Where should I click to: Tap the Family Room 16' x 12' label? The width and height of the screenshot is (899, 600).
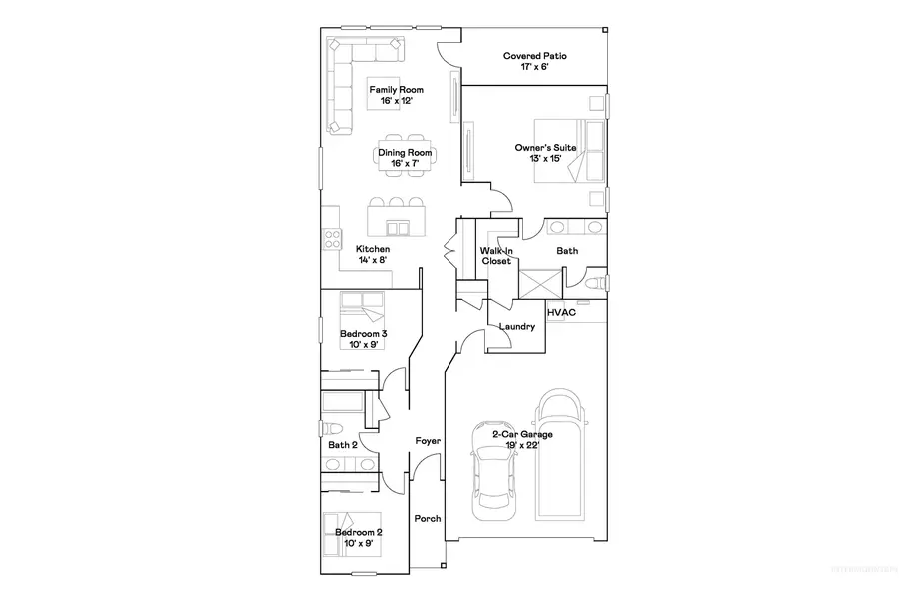[x=390, y=96]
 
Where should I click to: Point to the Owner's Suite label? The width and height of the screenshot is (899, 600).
[x=545, y=153]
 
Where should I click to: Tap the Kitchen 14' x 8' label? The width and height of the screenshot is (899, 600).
[x=373, y=254]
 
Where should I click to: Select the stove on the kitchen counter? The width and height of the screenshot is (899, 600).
[x=331, y=238]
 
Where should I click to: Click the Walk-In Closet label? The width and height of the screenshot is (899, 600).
[x=496, y=256]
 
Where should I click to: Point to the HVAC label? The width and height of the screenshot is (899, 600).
[x=559, y=313]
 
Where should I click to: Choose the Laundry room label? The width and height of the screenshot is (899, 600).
[x=516, y=327]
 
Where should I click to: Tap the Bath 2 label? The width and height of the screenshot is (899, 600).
[x=342, y=445]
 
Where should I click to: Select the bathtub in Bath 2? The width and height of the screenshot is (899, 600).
[x=344, y=405]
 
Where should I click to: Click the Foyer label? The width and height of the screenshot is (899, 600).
[x=429, y=441]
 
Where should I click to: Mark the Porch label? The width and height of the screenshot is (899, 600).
[x=428, y=518]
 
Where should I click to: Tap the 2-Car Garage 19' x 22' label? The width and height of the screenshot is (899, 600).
[x=522, y=440]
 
